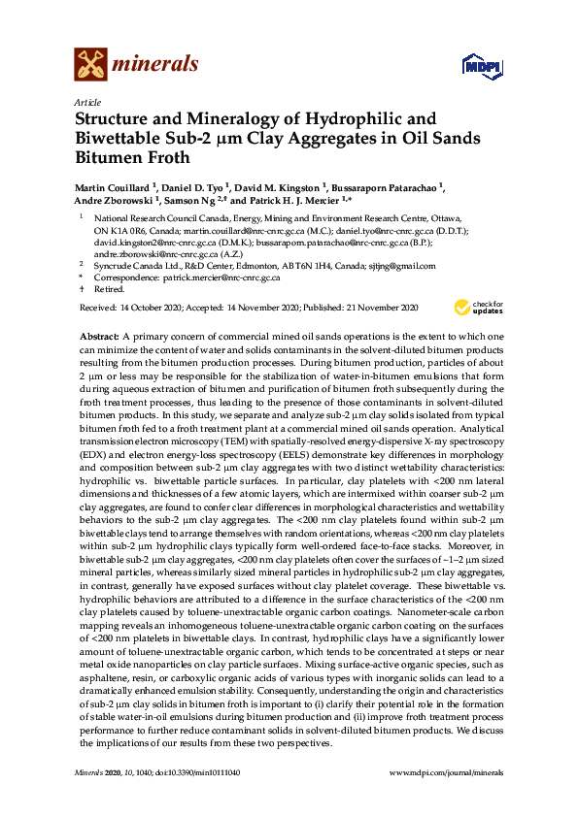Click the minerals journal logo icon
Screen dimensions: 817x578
[90, 64]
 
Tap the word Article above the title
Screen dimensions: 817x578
[85, 102]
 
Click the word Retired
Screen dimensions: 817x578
[109, 289]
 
